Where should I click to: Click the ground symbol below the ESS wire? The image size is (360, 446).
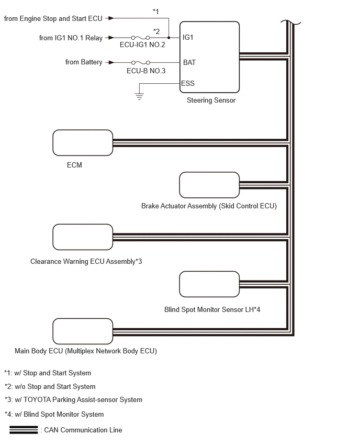[x=139, y=97]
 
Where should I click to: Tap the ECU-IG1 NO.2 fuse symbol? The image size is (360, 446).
[x=140, y=38]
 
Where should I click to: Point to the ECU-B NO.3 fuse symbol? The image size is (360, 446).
[x=140, y=62]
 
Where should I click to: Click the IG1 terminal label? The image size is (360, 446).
[x=188, y=37]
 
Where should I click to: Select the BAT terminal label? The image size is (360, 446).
[x=189, y=62]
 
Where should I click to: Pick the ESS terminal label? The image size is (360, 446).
[x=188, y=83]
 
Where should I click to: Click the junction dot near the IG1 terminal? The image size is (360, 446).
[x=168, y=38]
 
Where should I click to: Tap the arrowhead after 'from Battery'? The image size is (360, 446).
[x=111, y=62]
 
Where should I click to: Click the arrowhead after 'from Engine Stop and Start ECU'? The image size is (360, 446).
[x=111, y=18]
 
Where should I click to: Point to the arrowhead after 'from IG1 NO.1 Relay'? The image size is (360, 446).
[x=111, y=38]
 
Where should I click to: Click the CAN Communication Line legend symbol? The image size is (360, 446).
[x=24, y=430]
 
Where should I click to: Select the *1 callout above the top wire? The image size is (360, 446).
[x=156, y=12]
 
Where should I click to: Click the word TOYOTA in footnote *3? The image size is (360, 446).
[x=37, y=399]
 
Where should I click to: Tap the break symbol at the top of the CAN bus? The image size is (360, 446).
[x=290, y=22]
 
